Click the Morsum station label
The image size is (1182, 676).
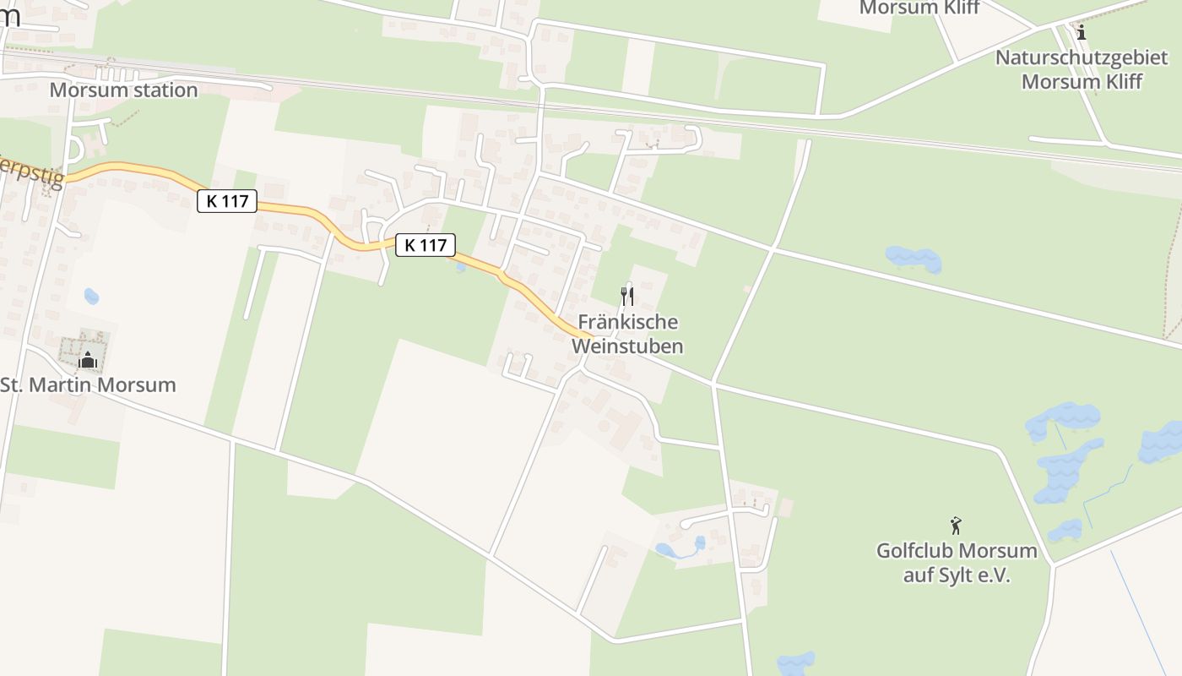(123, 90)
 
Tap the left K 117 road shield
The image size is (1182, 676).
(227, 201)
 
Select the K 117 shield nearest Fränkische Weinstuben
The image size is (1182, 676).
(426, 245)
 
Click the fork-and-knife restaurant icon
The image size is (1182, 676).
(626, 296)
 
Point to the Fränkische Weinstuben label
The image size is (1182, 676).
(627, 334)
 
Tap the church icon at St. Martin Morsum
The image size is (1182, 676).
(87, 361)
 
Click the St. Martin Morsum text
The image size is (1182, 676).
(88, 384)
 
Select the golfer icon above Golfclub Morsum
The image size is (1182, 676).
(956, 526)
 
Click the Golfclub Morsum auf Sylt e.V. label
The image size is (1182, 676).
(957, 563)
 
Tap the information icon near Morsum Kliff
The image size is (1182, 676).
(1082, 32)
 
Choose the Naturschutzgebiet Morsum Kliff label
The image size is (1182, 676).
(1082, 69)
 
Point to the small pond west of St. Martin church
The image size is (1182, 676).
(91, 297)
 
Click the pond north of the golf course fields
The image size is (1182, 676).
(914, 259)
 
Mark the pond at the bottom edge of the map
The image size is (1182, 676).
(796, 663)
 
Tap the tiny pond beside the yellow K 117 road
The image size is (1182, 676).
(460, 267)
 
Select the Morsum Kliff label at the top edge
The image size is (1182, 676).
(919, 8)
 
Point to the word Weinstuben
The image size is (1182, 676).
(627, 346)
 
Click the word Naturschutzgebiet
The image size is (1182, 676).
(1082, 57)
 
